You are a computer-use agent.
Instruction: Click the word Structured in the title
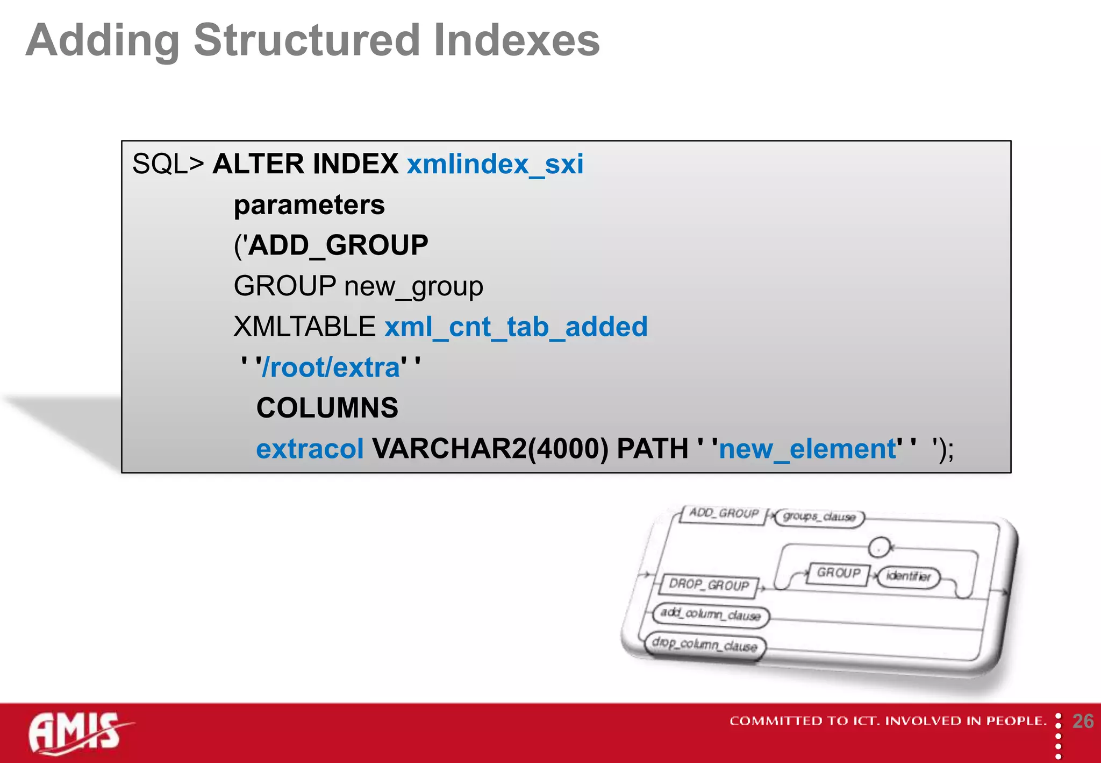click(306, 40)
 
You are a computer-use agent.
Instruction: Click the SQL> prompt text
click(168, 164)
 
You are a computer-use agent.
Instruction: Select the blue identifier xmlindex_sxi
click(495, 164)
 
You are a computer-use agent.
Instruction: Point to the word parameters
click(309, 206)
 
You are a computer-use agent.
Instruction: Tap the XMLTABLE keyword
click(304, 327)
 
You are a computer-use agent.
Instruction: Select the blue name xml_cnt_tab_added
click(516, 327)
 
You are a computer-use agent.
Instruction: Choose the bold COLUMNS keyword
click(327, 408)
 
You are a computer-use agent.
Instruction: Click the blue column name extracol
click(310, 449)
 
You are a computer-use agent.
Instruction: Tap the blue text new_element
click(807, 449)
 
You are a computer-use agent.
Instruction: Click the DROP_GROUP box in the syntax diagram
click(709, 585)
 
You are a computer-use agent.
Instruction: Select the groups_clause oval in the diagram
click(819, 517)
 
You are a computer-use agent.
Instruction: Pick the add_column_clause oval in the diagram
click(711, 614)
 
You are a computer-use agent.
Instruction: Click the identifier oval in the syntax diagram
click(908, 576)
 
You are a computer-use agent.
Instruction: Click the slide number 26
click(1082, 721)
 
